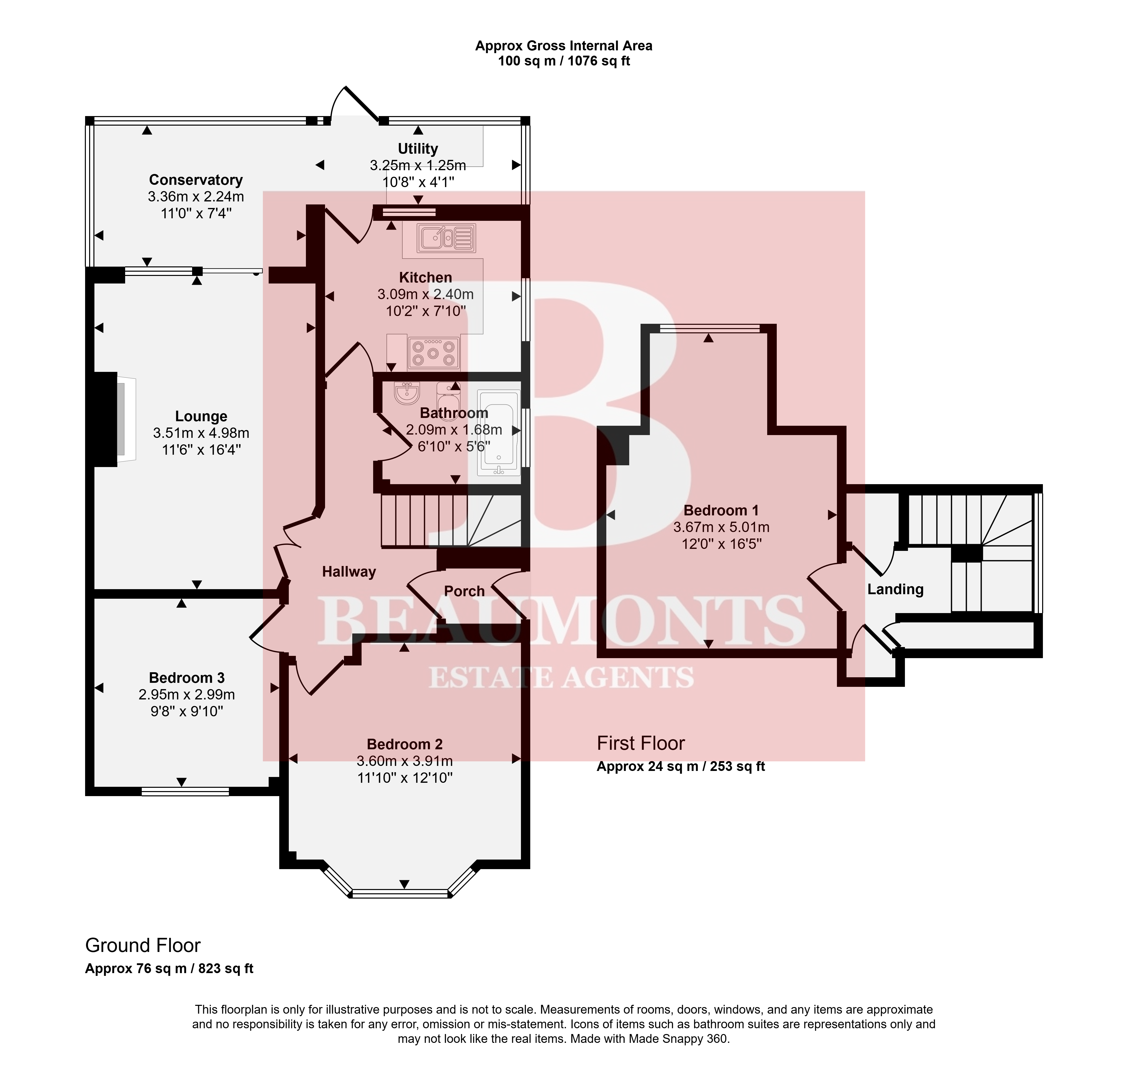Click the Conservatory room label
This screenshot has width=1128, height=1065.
pos(196,180)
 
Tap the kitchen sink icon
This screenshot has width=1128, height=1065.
pos(446,238)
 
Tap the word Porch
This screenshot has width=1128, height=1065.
pos(464,591)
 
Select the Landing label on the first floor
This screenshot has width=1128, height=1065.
pos(895,589)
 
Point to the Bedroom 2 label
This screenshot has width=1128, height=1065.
pos(405,744)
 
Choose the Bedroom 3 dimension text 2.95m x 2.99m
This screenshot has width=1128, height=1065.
pos(187,694)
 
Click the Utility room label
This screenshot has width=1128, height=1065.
pos(418,149)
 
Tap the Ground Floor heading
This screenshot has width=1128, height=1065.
pos(143,945)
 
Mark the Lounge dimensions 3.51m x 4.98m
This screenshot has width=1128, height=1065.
pos(201,433)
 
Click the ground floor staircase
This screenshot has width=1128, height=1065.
pos(451,521)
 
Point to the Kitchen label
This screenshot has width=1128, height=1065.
pos(426,278)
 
